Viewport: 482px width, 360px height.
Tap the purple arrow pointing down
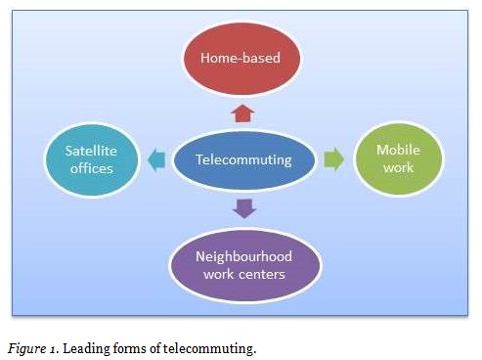coord(244,207)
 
